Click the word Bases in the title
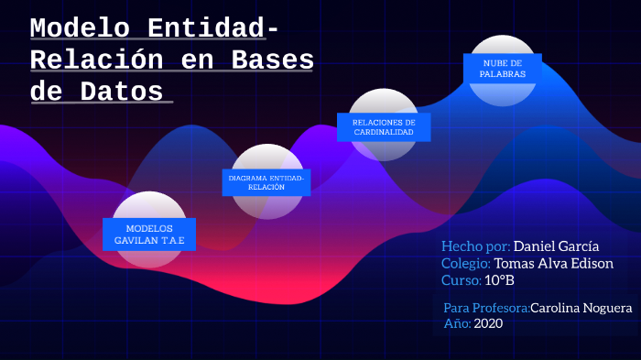point(272,60)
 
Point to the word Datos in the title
point(123,92)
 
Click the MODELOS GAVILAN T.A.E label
point(149,234)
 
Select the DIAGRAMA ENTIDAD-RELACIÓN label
point(266,181)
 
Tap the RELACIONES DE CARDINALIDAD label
point(384,127)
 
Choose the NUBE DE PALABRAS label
point(504,68)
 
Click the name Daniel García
point(557,246)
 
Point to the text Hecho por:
point(475,246)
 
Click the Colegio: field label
point(466,263)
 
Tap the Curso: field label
point(460,279)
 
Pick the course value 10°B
point(499,279)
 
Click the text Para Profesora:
point(486,308)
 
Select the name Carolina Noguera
point(581,308)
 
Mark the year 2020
point(488,323)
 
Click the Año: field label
point(457,323)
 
